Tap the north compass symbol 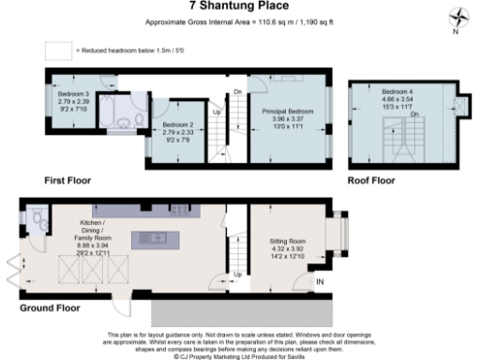457,17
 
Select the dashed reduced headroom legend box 58,49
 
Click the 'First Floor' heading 67,178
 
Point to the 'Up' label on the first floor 218,112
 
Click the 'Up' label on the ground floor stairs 237,275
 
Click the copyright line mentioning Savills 238,355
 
